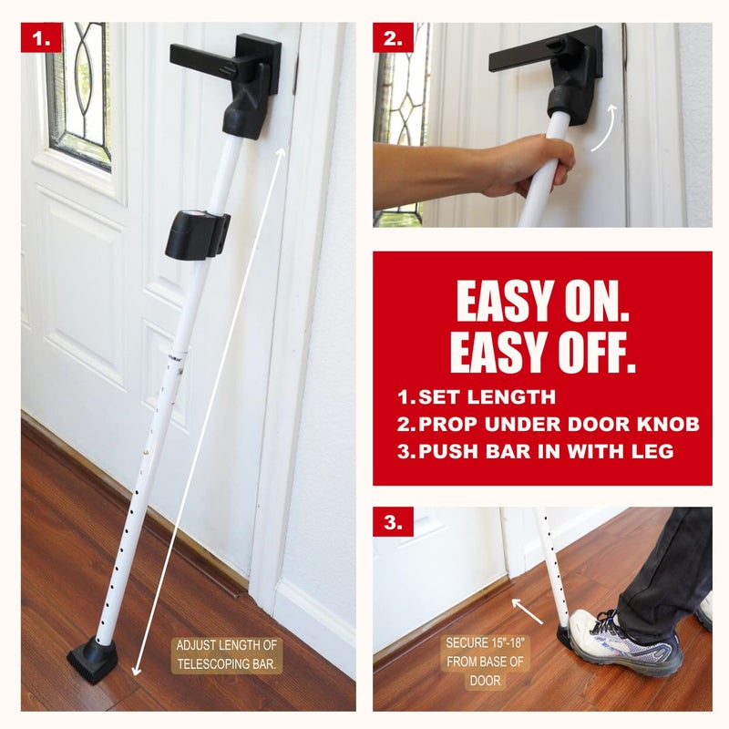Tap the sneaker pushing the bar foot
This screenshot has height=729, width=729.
(629, 642)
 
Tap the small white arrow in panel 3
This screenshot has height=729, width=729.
(528, 611)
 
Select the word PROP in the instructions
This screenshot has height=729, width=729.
(449, 424)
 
